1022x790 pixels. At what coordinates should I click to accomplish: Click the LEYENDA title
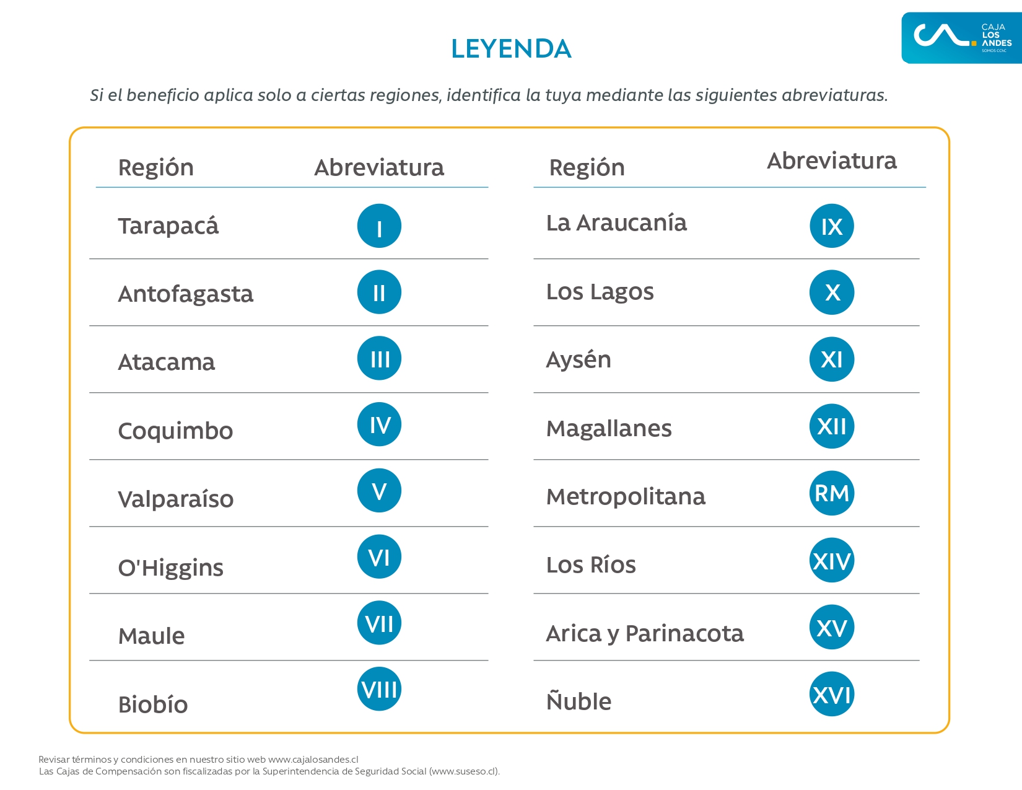click(511, 49)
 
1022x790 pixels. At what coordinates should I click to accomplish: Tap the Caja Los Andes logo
click(961, 38)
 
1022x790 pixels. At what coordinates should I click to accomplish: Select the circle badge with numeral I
click(379, 226)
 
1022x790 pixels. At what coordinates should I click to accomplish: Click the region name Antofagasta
click(185, 294)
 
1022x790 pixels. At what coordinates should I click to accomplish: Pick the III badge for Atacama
click(379, 359)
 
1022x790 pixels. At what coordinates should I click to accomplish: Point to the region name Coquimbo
click(175, 431)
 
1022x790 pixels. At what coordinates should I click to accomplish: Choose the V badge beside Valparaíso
click(379, 491)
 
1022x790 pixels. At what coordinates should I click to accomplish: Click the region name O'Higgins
click(170, 568)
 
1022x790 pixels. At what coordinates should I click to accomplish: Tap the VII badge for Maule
click(379, 623)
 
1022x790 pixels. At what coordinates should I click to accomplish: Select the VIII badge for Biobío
click(379, 689)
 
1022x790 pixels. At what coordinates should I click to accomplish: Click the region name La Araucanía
click(616, 223)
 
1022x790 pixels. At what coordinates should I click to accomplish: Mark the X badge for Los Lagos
click(832, 292)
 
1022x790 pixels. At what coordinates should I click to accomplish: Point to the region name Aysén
click(579, 360)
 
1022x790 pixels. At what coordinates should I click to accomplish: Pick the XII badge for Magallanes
click(832, 426)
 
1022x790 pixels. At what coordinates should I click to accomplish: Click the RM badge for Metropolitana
click(832, 493)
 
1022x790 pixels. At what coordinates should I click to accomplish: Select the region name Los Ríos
click(591, 565)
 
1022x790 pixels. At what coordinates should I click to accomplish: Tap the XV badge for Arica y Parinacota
click(832, 628)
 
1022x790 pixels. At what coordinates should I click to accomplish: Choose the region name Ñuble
click(579, 701)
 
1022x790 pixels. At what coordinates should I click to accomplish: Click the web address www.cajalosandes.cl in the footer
click(313, 760)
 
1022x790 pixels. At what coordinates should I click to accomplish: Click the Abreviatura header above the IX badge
click(831, 161)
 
